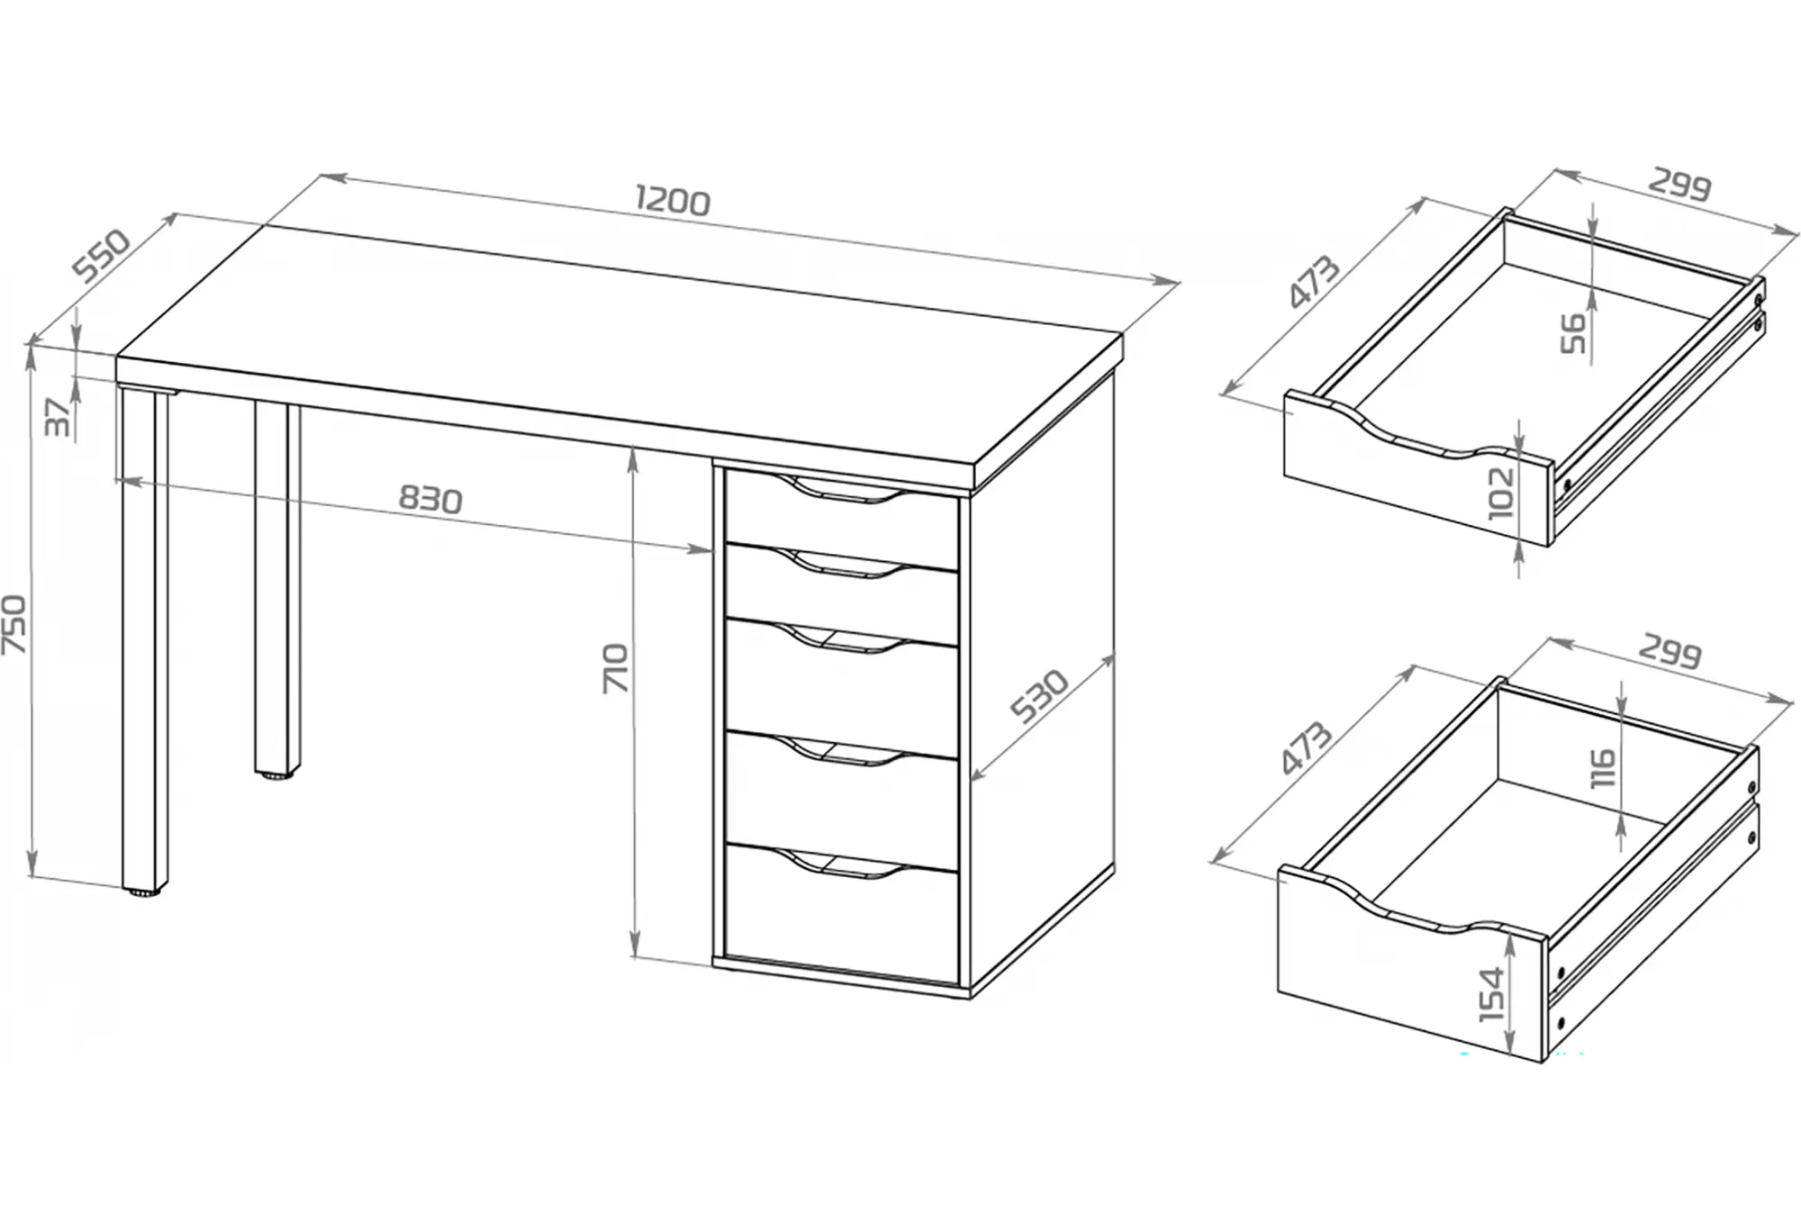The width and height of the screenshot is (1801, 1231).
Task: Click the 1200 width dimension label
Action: coord(672,200)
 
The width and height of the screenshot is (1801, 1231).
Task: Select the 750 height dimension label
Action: coord(15,624)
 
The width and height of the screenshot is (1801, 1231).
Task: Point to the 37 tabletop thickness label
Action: coord(58,417)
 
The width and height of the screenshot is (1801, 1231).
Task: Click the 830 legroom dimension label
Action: coord(430,499)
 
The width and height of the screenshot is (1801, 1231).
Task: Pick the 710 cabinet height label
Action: coord(616,667)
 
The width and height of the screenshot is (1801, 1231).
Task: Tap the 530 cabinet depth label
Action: coord(1038,696)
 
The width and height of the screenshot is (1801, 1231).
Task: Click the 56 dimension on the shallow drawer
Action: coord(1572,332)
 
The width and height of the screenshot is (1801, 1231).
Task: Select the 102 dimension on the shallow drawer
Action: coord(1501,493)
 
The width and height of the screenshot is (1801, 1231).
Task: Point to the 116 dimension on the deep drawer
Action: coord(1604,767)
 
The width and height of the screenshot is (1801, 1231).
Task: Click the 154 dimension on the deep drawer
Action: coord(1492,994)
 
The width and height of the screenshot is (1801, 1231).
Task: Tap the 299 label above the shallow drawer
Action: coord(1679,185)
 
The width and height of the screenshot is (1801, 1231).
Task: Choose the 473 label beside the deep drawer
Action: coord(1306,747)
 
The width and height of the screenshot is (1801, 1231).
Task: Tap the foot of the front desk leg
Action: coord(143,892)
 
